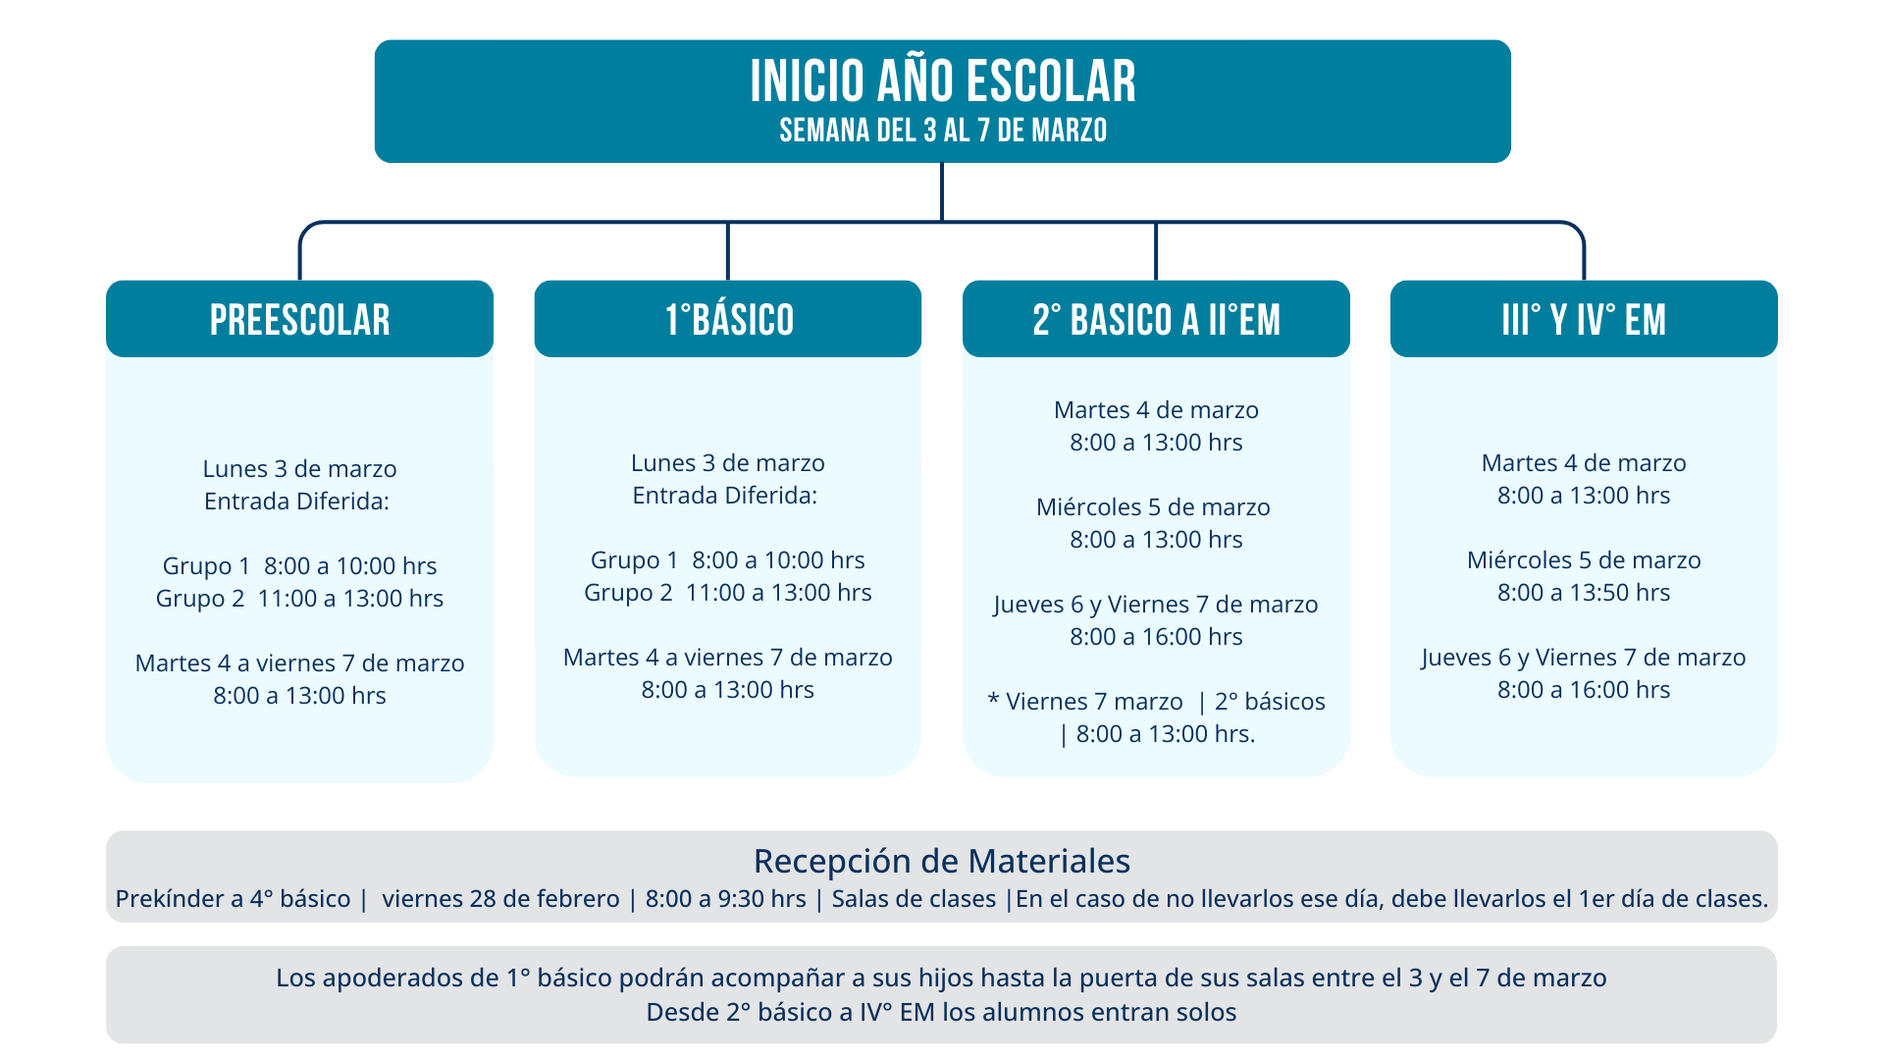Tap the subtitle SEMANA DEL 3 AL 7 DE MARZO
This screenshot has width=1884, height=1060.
pos(943,131)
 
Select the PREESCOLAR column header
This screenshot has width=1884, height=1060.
pos(299,319)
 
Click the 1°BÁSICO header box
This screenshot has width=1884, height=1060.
pos(728,319)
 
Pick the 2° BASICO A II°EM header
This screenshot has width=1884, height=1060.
pos(1156,319)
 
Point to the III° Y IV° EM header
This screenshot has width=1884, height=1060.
pos(1584,319)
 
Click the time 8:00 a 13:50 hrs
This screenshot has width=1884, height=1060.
pos(1584,593)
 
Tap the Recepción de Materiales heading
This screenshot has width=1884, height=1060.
pos(942,861)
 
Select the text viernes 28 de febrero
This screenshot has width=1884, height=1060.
pos(500,899)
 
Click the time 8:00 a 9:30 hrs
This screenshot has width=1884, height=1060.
pos(725,899)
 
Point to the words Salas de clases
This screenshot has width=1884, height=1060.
pos(914,899)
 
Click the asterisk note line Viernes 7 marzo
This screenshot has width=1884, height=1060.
pos(1156,702)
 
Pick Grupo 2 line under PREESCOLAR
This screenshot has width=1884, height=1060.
pos(299,599)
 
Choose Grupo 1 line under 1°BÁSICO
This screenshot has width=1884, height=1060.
pos(728,560)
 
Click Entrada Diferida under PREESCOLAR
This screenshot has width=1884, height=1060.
pos(296,502)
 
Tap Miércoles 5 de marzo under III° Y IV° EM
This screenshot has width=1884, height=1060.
pos(1584,560)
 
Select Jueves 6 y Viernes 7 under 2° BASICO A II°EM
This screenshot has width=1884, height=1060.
pos(1156,605)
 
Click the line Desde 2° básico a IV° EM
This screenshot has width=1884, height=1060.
pos(941,1012)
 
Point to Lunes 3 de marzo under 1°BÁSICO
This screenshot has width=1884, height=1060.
pos(728,463)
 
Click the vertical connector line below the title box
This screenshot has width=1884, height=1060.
pos(942,192)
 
